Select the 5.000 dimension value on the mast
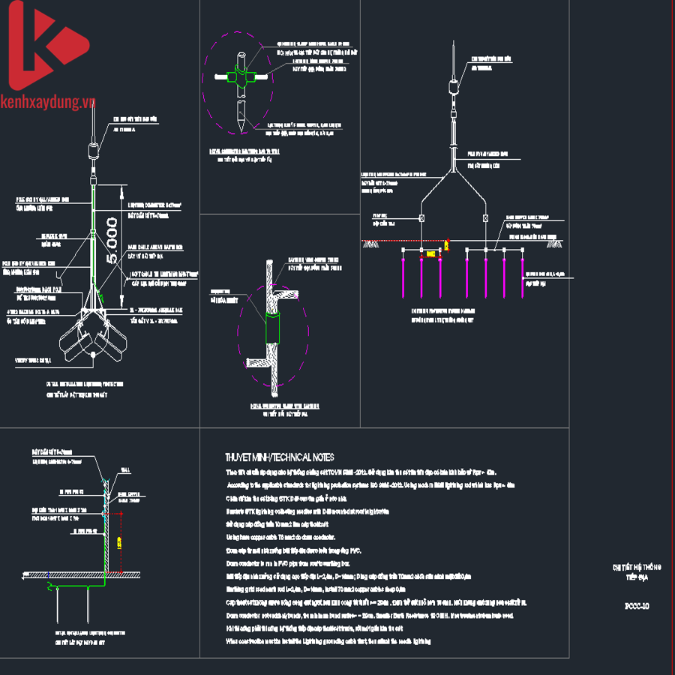[112, 240]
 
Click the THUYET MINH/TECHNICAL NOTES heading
[280, 457]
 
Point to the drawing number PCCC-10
[637, 605]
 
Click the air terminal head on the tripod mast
[92, 149]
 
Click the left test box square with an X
[421, 219]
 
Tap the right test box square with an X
[486, 219]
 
